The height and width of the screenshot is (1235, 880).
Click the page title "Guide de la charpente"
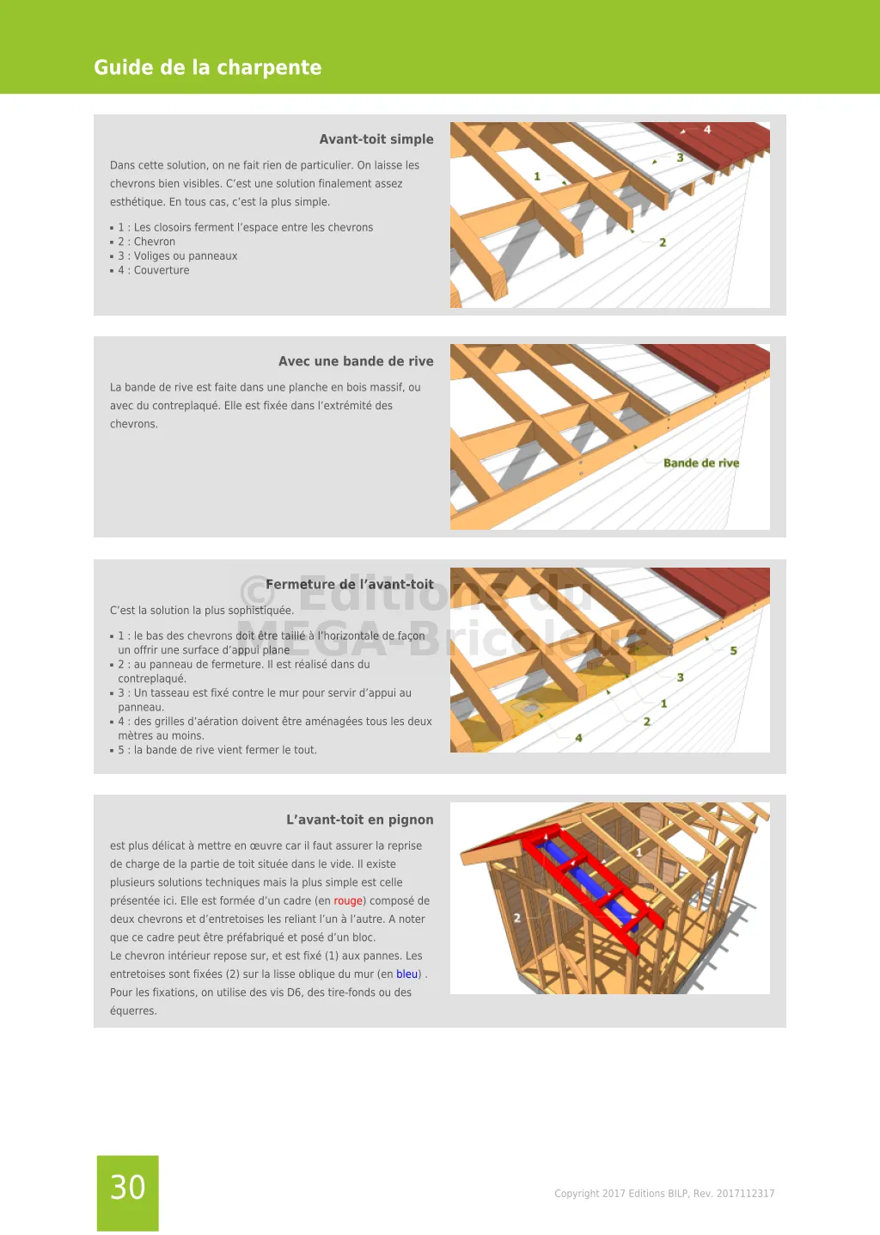207,67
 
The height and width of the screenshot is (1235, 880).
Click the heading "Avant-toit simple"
376,139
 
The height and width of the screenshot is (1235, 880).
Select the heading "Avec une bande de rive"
356,361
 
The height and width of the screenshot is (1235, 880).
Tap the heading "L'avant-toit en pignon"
359,820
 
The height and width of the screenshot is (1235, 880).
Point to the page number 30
128,1188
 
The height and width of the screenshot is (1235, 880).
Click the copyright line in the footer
664,1194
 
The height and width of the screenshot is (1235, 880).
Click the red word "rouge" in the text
348,900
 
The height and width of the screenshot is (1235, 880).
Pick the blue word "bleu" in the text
407,974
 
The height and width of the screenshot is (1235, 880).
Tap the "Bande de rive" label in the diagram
701,463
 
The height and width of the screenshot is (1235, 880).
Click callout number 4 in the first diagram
707,130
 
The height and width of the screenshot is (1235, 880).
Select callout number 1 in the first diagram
537,176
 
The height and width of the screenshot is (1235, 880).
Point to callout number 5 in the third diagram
733,651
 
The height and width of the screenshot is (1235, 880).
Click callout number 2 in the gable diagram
517,919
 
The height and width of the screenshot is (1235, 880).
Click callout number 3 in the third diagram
680,678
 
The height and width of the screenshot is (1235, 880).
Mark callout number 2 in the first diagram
663,243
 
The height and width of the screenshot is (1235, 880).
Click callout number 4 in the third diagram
578,738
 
